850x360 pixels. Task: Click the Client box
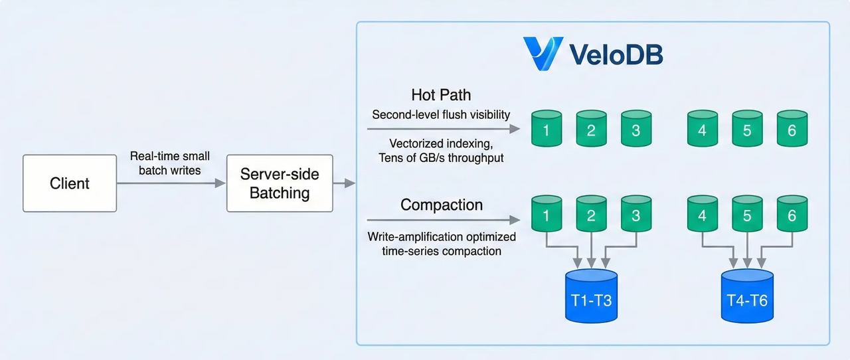click(70, 183)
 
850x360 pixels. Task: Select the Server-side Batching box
click(280, 183)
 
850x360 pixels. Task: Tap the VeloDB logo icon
click(542, 54)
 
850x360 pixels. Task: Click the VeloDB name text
click(616, 54)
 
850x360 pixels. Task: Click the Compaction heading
click(441, 204)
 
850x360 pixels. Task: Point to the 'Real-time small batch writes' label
click(170, 163)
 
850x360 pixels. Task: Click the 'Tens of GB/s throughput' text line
click(441, 158)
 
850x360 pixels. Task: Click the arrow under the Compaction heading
click(442, 220)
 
